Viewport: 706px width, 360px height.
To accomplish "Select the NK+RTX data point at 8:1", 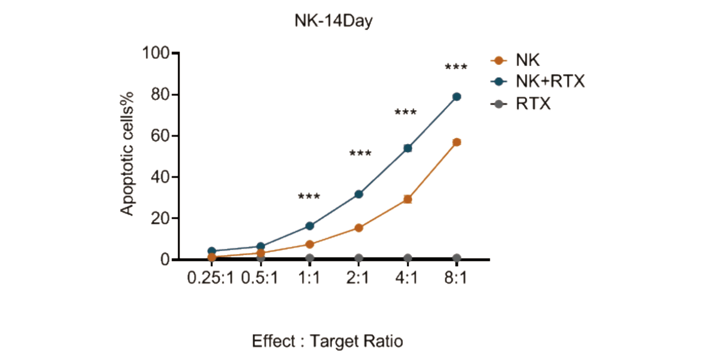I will (x=457, y=96).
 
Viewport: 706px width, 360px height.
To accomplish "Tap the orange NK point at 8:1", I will (x=457, y=142).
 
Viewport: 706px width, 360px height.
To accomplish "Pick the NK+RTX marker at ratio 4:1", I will (x=408, y=148).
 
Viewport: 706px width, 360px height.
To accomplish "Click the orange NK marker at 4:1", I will (x=408, y=199).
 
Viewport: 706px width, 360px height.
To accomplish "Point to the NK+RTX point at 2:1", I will (x=359, y=194).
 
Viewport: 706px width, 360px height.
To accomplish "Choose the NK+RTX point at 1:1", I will (x=310, y=226).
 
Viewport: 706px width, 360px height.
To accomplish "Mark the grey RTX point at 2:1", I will (x=359, y=258).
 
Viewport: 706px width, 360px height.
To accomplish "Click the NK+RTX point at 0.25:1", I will (x=211, y=251).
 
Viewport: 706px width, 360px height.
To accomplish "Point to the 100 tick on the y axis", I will (x=158, y=53).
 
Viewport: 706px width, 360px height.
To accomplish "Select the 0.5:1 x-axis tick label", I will (x=260, y=279).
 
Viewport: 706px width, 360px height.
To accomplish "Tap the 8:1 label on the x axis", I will (x=456, y=279).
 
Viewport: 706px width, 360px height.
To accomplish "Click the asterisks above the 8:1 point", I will (x=456, y=68).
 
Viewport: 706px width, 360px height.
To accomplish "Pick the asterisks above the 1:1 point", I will (x=309, y=197).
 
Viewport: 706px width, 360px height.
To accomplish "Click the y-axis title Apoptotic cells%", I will (x=128, y=153).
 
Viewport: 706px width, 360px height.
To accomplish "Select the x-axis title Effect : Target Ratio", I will (x=327, y=342).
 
